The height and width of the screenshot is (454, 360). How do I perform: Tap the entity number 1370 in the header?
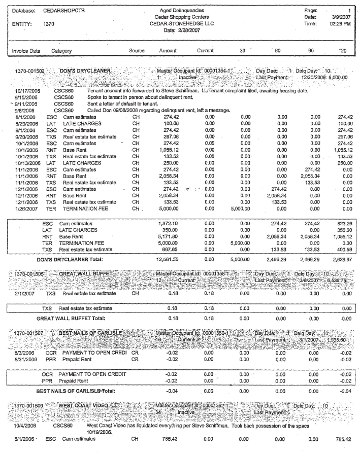(x=49, y=23)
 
